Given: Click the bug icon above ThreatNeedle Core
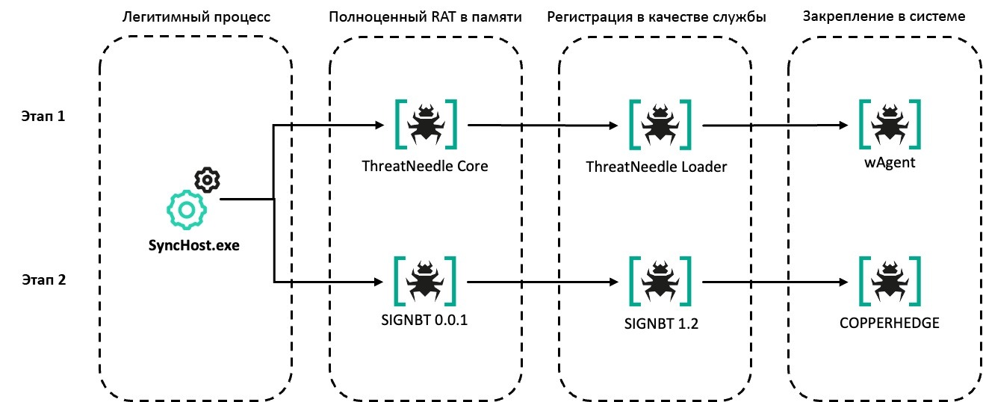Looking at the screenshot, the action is coord(426,125).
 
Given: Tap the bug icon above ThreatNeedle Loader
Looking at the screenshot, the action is coord(660,125).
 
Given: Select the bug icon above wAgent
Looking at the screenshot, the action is coord(890,125).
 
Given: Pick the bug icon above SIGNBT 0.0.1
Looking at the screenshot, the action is coord(425,282).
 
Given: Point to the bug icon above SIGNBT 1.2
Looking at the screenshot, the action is coord(660,282).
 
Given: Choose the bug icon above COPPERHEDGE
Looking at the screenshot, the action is coord(890,282).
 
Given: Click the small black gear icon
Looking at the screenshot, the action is coord(207,179).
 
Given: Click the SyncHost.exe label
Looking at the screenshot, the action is coord(194,245).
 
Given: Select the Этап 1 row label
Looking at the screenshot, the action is coord(43,116).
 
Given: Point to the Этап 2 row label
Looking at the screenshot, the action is coord(44,279).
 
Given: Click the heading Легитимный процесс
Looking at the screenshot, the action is coord(196,17).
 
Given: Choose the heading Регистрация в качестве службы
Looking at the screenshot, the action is coord(657,17).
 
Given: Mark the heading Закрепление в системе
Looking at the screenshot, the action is coord(884,16).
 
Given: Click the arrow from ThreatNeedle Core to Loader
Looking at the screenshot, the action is coord(543,126).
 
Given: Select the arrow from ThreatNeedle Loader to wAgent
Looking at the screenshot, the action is coord(775,126).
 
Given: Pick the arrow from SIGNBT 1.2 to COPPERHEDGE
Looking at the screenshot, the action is coord(775,282).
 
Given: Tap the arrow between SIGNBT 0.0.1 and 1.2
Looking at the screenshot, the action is coord(543,282).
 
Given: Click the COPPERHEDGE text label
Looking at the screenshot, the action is coord(890,323).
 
